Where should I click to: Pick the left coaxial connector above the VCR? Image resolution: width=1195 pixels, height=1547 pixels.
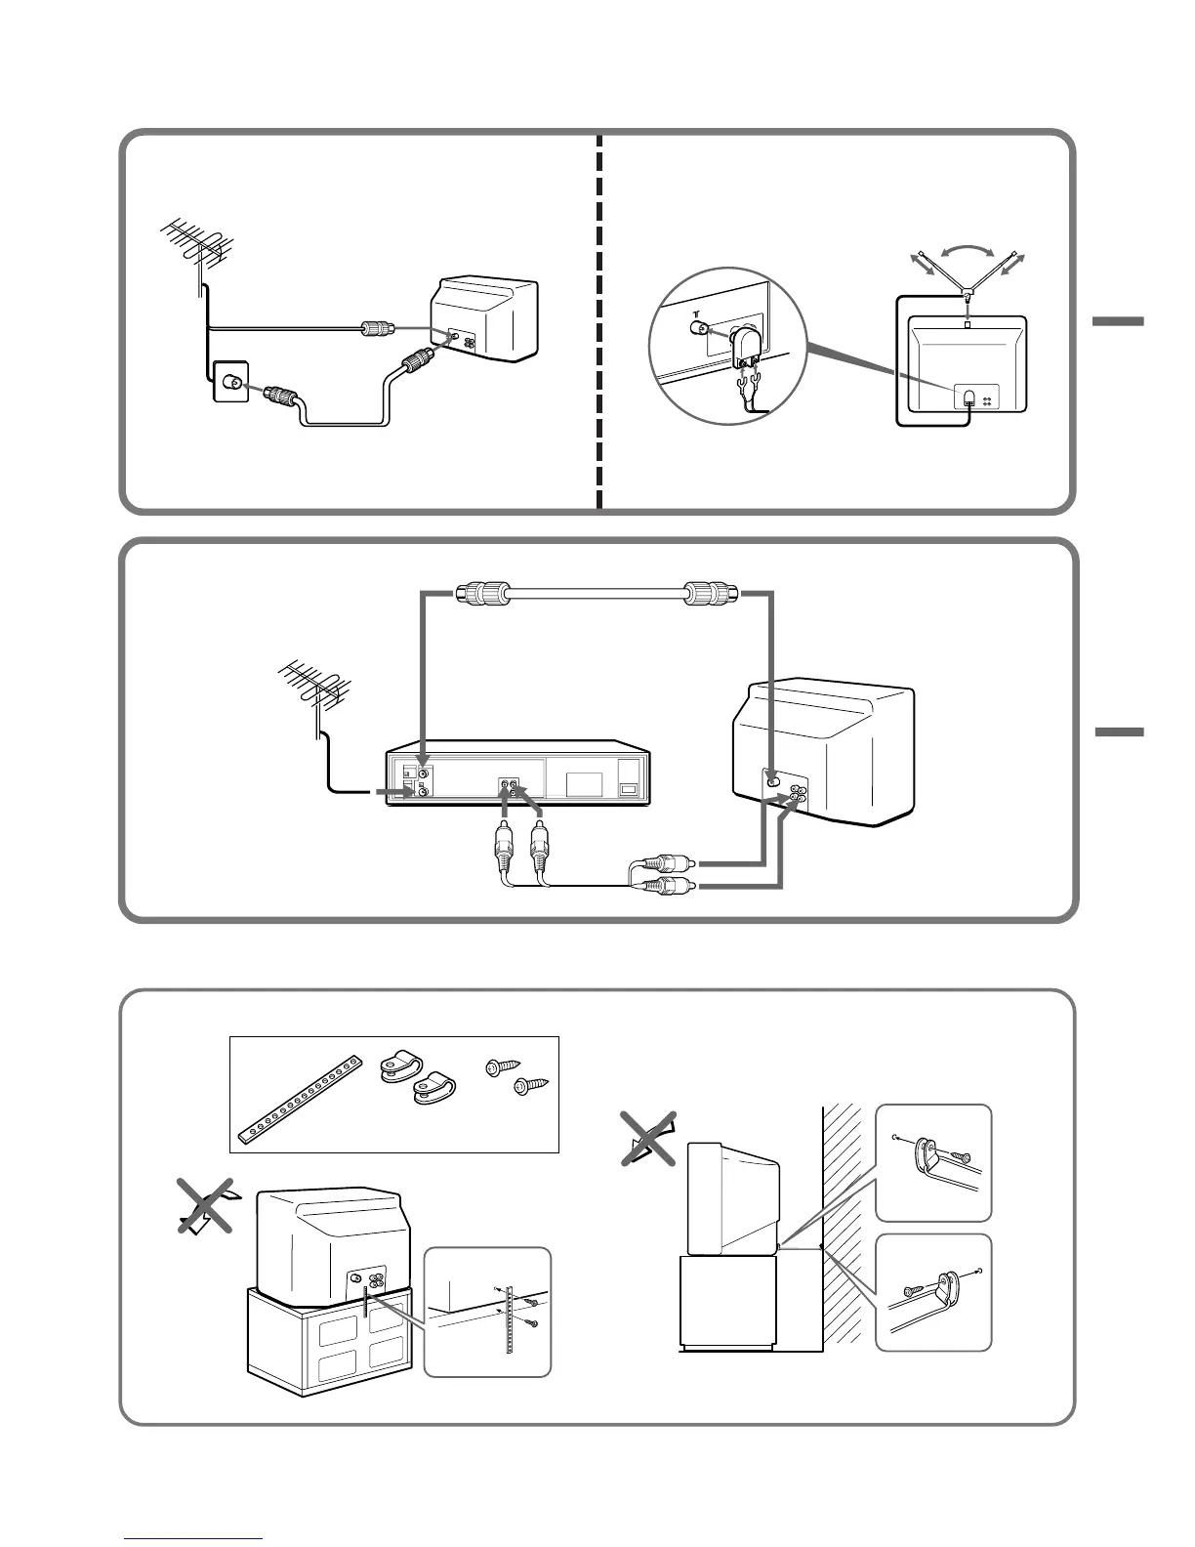coord(483,593)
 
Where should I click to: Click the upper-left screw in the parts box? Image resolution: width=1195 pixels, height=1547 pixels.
coord(499,1069)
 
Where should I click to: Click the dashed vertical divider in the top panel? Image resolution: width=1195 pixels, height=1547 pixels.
coord(598,322)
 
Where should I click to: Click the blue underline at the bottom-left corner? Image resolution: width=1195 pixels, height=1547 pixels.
coord(194,1538)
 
